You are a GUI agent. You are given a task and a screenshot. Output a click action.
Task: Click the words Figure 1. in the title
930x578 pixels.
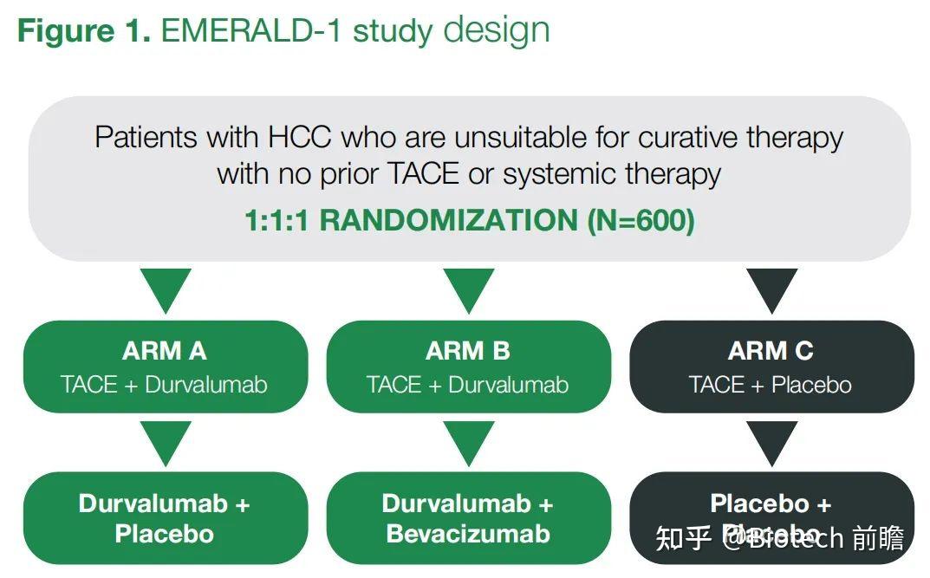tap(84, 30)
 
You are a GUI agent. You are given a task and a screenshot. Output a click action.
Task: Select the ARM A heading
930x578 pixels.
tap(165, 351)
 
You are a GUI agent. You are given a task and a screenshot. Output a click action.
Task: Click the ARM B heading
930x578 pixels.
tap(468, 351)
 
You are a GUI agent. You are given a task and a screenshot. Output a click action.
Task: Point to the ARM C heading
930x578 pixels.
tap(771, 351)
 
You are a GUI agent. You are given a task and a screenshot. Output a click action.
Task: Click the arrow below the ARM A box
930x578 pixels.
tap(165, 442)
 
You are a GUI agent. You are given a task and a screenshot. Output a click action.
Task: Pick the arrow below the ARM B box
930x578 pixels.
tap(468, 442)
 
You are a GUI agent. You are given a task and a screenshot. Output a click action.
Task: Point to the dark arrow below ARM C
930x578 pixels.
tap(771, 442)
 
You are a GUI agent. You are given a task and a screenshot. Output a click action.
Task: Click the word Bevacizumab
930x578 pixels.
tap(468, 534)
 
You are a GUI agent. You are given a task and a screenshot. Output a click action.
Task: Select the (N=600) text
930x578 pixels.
tap(641, 220)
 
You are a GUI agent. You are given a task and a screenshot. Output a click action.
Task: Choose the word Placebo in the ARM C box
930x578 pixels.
tap(811, 385)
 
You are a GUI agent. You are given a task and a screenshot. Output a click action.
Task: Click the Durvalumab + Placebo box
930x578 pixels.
tap(165, 518)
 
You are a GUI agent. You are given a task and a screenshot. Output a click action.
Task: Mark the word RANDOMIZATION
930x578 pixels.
tap(448, 220)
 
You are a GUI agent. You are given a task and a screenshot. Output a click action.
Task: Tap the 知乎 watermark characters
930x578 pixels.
tap(684, 538)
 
